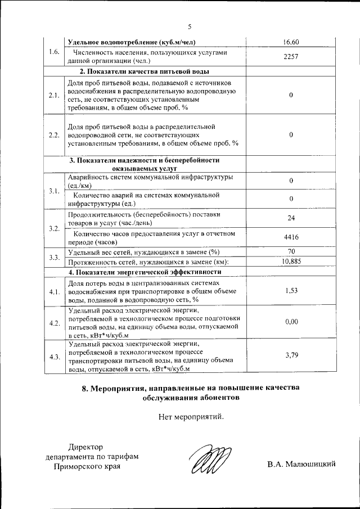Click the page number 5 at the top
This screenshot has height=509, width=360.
(190, 26)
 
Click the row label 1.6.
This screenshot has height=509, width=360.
(55, 52)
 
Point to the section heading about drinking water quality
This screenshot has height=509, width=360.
(145, 71)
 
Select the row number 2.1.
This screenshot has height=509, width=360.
(55, 95)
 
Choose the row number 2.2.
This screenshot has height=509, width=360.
(55, 135)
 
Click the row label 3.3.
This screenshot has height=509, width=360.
(55, 257)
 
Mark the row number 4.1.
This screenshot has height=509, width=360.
(55, 292)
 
